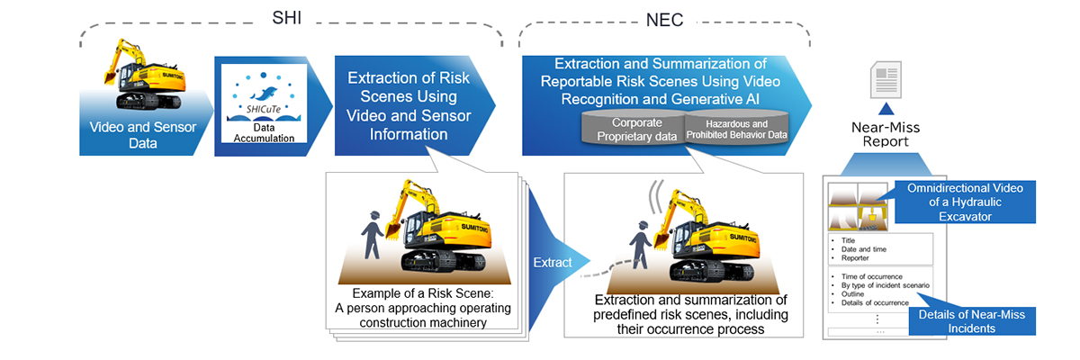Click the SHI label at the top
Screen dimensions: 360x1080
pos(286,17)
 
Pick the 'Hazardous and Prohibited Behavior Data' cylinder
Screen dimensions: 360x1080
pos(736,129)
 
